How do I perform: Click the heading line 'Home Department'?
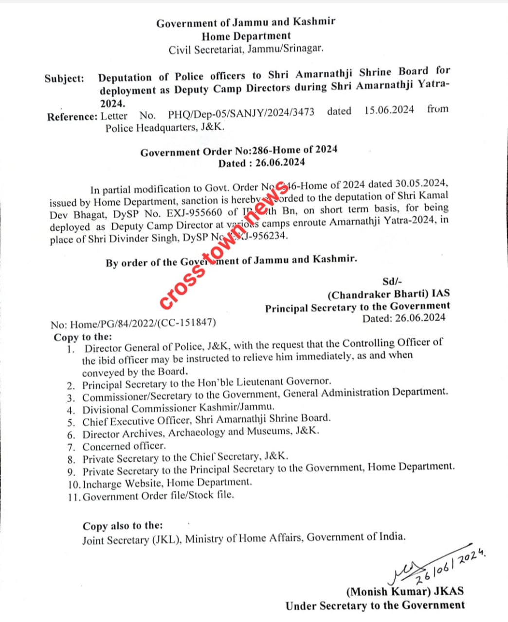246,36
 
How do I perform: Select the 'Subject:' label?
64,79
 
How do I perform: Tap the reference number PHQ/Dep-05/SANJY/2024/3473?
241,114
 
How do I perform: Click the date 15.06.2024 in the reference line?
389,110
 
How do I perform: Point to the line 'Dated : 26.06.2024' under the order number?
261,163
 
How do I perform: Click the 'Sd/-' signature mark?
392,281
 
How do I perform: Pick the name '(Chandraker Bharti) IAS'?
388,294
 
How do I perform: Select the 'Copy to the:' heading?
83,337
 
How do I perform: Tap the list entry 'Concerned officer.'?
124,446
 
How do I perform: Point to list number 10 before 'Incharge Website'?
74,484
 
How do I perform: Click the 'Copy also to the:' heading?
123,526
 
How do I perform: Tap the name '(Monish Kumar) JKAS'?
405,591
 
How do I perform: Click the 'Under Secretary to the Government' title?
375,605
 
